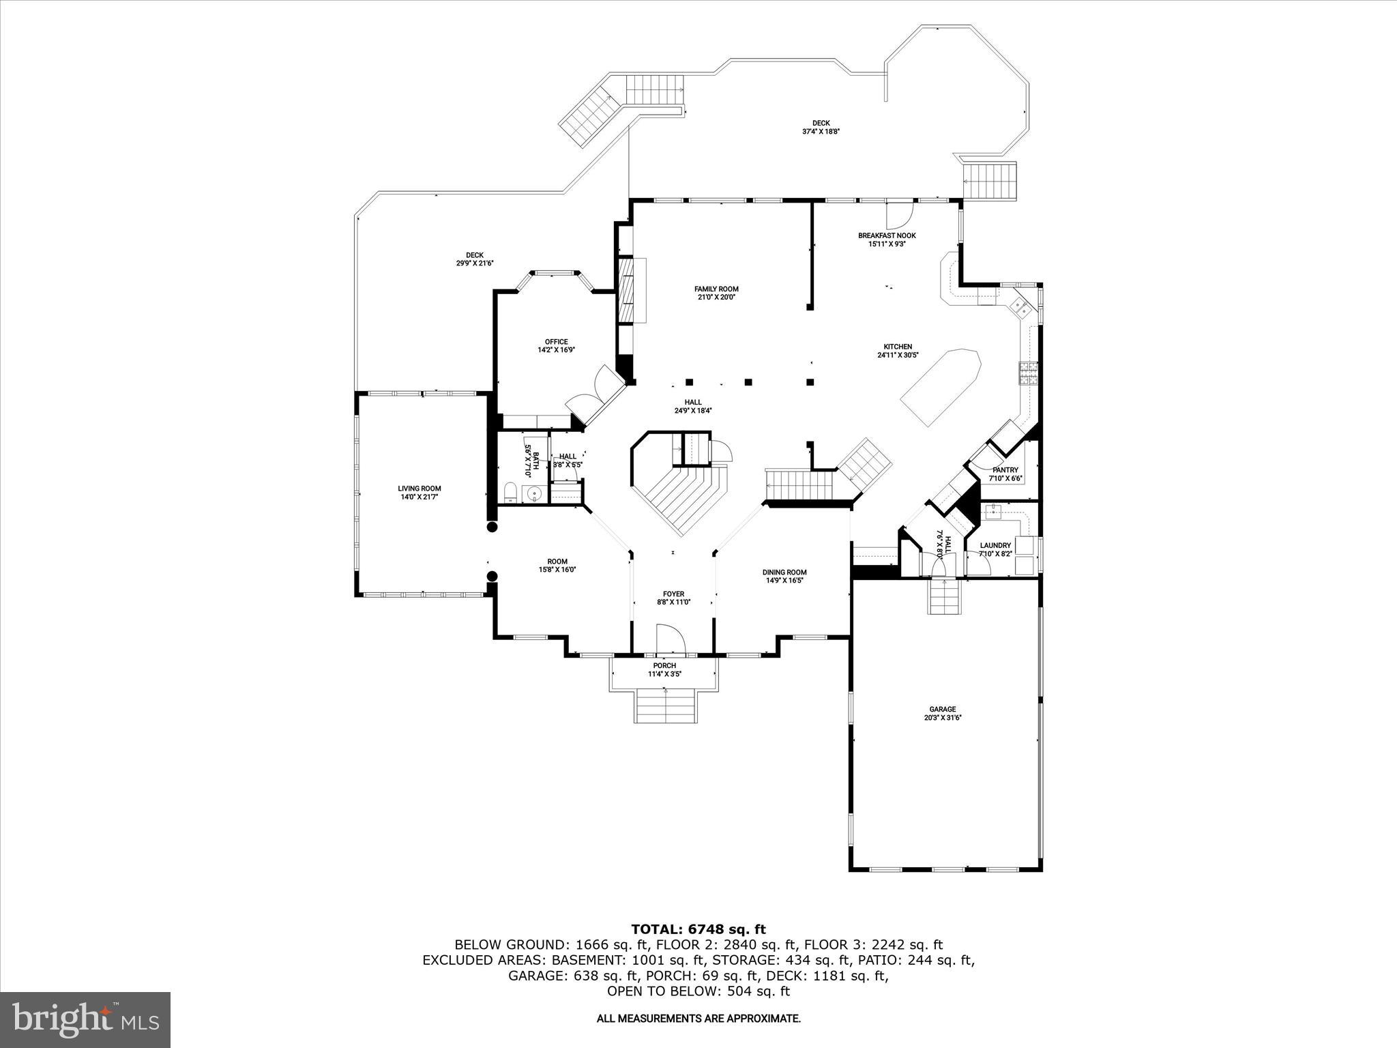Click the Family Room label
pos(716,289)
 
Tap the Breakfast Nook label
pos(887,235)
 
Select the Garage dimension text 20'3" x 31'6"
pos(942,718)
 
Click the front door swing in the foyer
pos(671,639)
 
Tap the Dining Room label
pos(784,572)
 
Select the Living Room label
pos(420,489)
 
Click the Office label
pos(556,342)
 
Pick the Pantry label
pos(1005,470)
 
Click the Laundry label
pos(995,545)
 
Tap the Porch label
pos(664,665)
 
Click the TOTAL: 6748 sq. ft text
pos(698,929)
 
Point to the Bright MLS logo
pos(85,1019)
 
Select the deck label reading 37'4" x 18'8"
pos(821,132)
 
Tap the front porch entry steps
pos(666,705)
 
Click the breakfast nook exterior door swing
pos(896,216)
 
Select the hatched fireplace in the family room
pos(626,290)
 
